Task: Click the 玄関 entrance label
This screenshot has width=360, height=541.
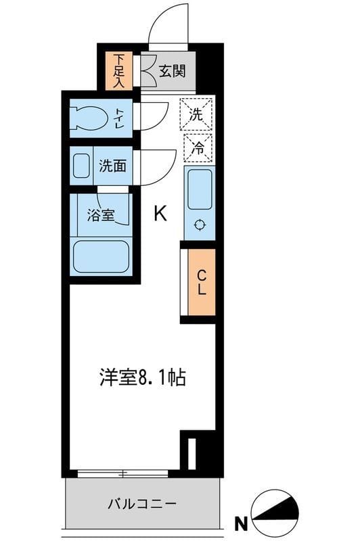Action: click(172, 70)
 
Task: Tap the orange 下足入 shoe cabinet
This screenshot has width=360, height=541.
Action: click(119, 70)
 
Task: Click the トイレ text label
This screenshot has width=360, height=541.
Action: click(119, 118)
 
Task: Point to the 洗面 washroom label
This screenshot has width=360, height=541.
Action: click(112, 165)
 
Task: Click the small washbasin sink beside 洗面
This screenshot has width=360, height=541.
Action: click(82, 166)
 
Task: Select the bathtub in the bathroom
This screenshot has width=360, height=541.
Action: click(101, 256)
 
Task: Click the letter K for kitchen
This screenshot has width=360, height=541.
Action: click(160, 214)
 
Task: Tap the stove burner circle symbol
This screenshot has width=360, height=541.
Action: click(199, 226)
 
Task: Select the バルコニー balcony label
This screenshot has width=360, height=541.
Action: click(142, 504)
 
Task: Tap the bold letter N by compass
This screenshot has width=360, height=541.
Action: click(240, 522)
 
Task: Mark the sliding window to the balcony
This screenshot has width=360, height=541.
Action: click(122, 473)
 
